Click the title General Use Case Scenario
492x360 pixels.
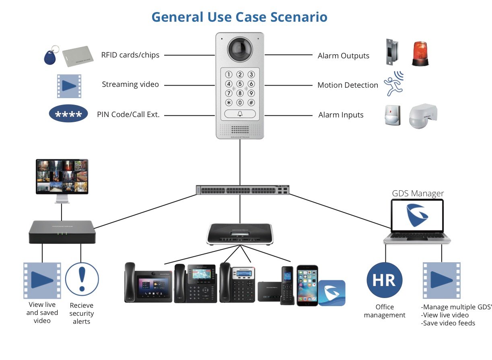[239, 17]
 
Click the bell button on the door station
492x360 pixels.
[240, 114]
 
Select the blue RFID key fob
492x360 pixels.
[49, 56]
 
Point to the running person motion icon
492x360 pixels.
[393, 84]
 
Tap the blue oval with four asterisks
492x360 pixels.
[68, 115]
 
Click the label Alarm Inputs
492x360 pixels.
[341, 115]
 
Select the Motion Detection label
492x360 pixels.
[348, 85]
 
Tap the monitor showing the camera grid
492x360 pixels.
[62, 177]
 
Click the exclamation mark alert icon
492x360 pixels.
[82, 279]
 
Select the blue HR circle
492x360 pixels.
[384, 280]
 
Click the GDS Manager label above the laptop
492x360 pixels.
[418, 193]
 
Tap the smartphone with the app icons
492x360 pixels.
[307, 285]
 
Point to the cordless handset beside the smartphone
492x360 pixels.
[287, 285]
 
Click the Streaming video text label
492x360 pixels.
[130, 84]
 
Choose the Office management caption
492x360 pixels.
[385, 311]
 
